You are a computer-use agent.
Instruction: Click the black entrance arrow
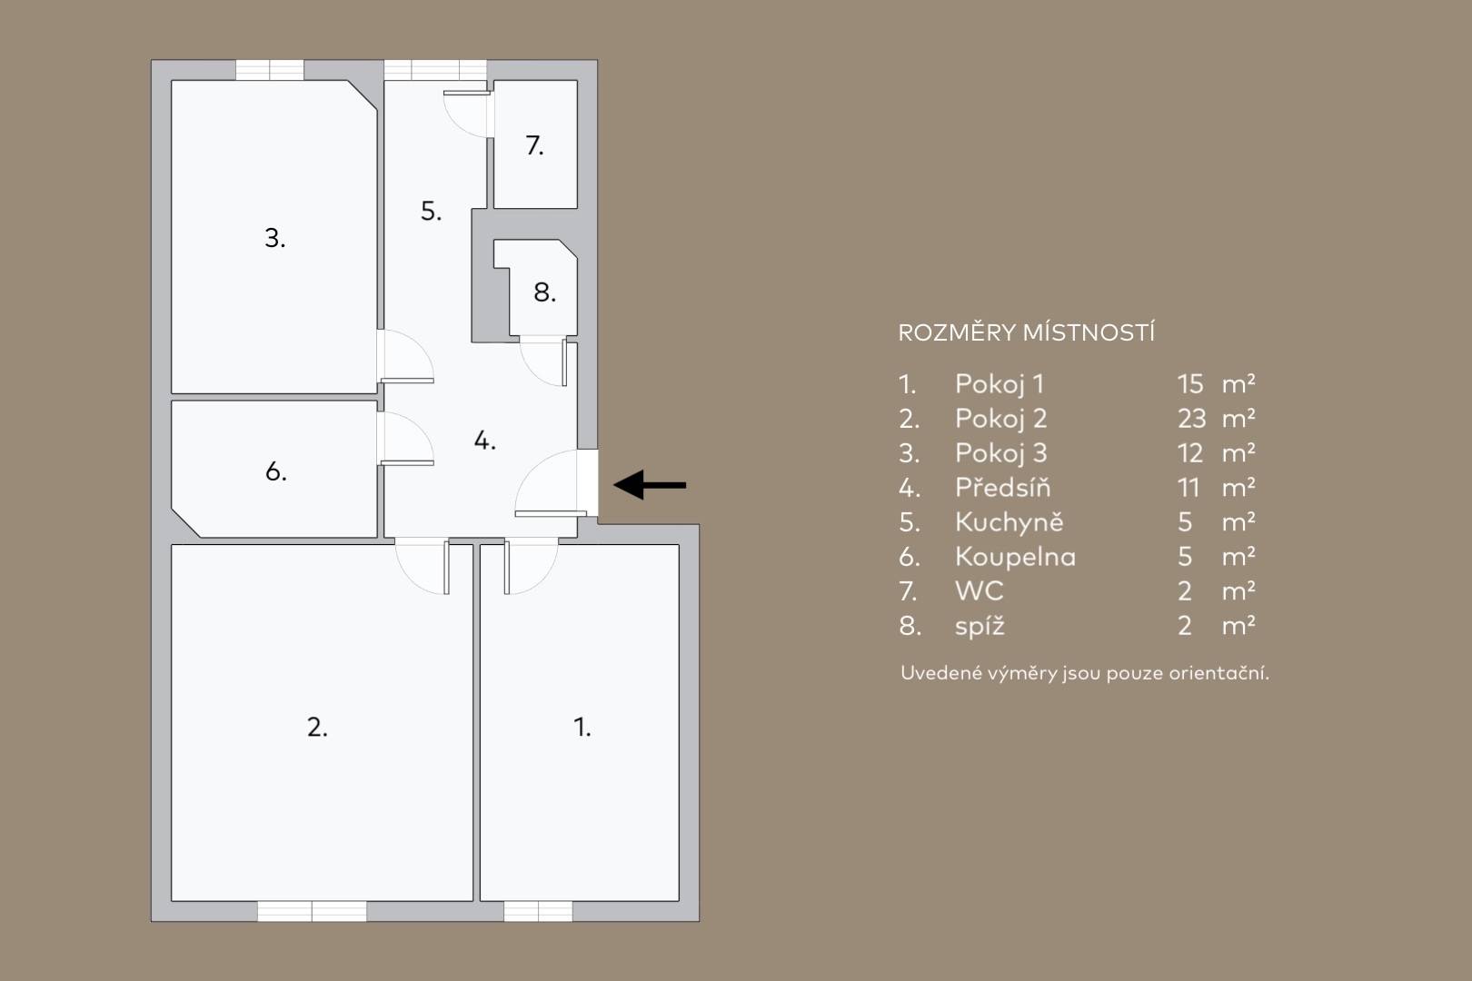pyautogui.click(x=650, y=485)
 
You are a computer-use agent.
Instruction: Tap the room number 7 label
pyautogui.click(x=534, y=145)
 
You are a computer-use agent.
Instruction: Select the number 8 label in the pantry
pyautogui.click(x=544, y=292)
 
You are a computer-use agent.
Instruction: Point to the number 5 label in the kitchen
pyautogui.click(x=431, y=211)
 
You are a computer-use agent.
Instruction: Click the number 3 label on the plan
pyautogui.click(x=274, y=238)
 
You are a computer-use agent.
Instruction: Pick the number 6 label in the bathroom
pyautogui.click(x=275, y=471)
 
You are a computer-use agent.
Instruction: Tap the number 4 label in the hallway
pyautogui.click(x=484, y=441)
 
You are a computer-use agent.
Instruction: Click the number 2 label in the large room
pyautogui.click(x=317, y=727)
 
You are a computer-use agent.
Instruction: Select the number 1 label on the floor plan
pyautogui.click(x=582, y=727)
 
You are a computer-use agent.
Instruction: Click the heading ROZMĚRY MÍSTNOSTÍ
pyautogui.click(x=1026, y=332)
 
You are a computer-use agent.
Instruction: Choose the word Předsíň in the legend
pyautogui.click(x=1002, y=488)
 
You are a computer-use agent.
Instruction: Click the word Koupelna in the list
pyautogui.click(x=1015, y=557)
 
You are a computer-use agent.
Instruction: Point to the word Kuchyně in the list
pyautogui.click(x=1009, y=521)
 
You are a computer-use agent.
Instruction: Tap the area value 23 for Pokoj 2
pyautogui.click(x=1191, y=419)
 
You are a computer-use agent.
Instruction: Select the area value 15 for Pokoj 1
pyautogui.click(x=1190, y=383)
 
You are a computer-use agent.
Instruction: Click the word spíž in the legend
pyautogui.click(x=980, y=626)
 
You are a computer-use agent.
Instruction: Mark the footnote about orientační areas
pyautogui.click(x=1084, y=673)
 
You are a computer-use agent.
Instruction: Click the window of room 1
pyautogui.click(x=538, y=911)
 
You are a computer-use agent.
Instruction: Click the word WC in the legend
pyautogui.click(x=979, y=591)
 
